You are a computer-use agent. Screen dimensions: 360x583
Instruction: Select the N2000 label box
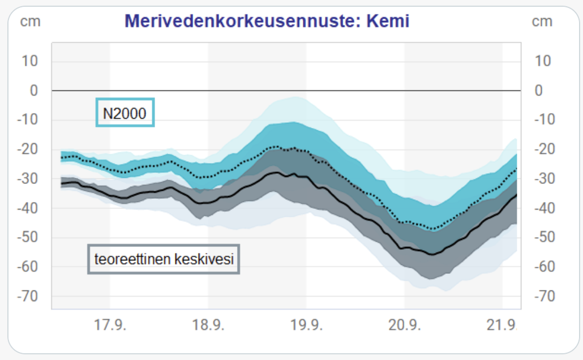125,114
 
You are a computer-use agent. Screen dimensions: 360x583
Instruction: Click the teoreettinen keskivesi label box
164,259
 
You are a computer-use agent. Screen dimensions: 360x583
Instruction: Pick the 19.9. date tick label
306,325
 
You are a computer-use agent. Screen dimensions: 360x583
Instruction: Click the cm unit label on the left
31,22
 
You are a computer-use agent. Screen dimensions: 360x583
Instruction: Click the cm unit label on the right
542,22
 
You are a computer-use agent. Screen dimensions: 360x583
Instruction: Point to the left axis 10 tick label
30,61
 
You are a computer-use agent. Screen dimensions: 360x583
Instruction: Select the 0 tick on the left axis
33,91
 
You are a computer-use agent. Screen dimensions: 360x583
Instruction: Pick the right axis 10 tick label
543,61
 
